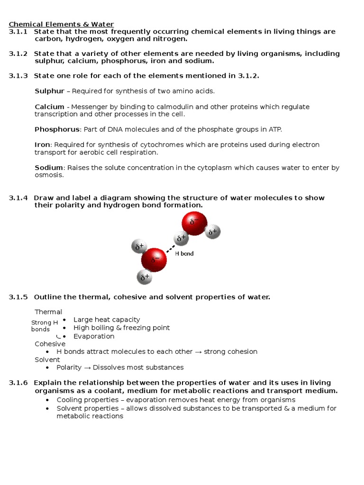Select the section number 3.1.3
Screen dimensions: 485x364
point(18,76)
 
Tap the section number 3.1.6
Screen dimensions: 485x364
point(18,383)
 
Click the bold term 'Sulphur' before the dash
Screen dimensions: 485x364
point(49,91)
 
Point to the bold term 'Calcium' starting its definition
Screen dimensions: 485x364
point(49,107)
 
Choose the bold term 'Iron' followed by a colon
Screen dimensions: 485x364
point(42,145)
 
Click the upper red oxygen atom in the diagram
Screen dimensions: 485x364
point(194,223)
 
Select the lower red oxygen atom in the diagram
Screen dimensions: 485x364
point(154,260)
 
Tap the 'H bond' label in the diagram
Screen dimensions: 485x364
point(184,254)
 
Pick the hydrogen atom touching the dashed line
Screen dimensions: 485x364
point(181,239)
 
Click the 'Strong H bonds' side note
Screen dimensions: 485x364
point(44,326)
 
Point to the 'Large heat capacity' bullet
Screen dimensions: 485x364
point(107,320)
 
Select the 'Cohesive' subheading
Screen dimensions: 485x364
point(50,344)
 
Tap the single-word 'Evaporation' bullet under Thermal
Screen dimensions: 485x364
point(94,336)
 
